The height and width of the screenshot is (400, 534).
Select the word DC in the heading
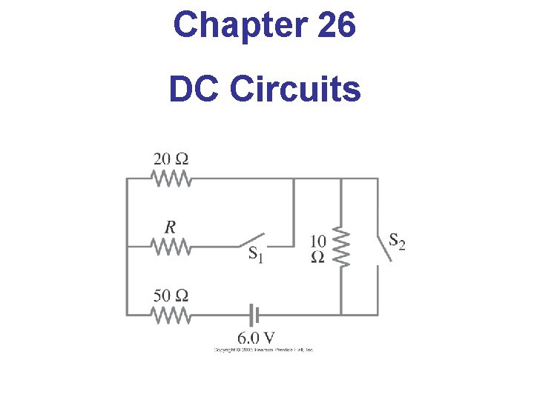[194, 90]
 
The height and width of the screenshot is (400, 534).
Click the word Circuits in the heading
[295, 90]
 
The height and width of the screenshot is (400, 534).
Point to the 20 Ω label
[171, 159]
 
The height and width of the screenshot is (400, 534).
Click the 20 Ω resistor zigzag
[171, 179]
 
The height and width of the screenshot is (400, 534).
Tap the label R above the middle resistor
[170, 227]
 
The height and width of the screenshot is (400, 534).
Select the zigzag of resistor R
[171, 247]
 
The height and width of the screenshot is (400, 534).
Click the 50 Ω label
[171, 296]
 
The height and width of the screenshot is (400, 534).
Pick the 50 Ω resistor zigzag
[171, 315]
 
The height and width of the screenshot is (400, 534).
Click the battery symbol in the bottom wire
[254, 316]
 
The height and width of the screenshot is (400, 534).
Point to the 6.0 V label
[256, 338]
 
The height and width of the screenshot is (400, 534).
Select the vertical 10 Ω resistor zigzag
[340, 247]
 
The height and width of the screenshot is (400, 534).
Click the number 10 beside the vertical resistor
[317, 241]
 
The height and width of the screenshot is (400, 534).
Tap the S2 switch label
[397, 241]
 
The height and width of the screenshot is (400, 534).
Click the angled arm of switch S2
[381, 247]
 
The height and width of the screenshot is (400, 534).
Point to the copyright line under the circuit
[264, 349]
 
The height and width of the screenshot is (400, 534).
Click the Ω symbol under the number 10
[317, 257]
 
